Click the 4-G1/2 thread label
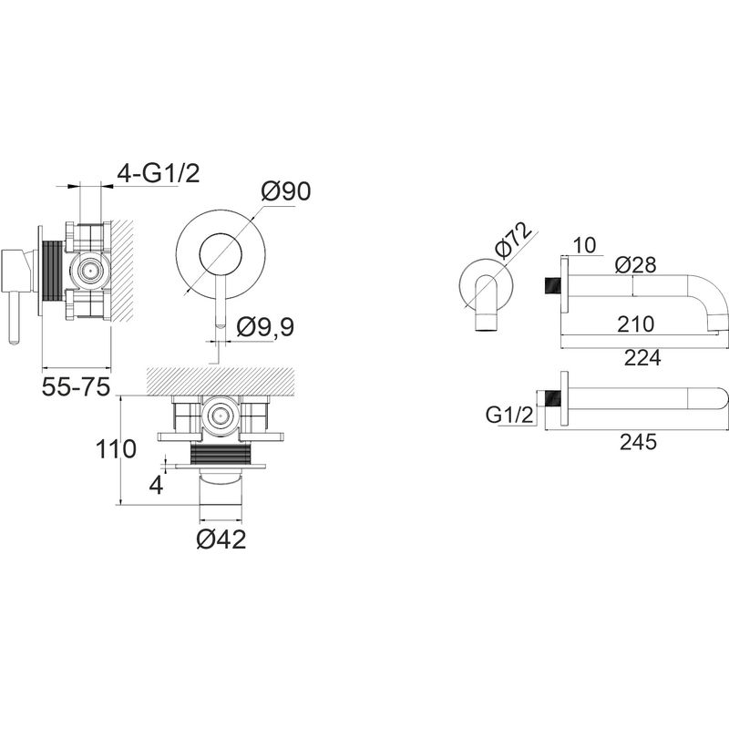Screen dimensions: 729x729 click(158, 174)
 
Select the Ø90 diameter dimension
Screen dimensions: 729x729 click(285, 190)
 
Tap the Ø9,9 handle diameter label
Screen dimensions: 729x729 click(265, 326)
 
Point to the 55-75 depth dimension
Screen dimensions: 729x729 click(76, 386)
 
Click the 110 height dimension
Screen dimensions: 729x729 click(116, 448)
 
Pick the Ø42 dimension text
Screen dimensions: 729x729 click(221, 539)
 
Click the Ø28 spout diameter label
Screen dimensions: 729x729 click(635, 265)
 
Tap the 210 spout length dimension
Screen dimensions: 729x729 click(635, 324)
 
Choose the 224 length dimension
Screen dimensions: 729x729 click(642, 357)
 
